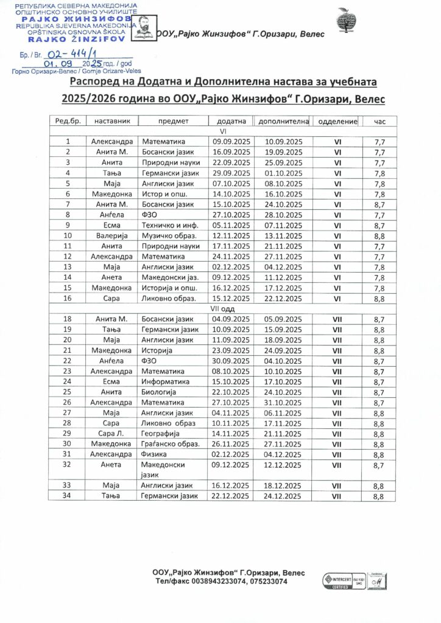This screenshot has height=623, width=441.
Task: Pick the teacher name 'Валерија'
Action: pos(111,235)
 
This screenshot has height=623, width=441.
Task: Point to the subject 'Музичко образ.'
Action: pos(166,235)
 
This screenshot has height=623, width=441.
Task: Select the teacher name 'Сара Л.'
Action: pos(111,434)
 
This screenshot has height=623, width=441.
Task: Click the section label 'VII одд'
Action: pos(222,309)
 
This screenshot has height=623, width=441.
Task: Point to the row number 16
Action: pos(68,298)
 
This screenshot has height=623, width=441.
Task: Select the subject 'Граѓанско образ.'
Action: pos(168,444)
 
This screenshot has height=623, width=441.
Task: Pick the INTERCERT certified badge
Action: pos(336,578)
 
